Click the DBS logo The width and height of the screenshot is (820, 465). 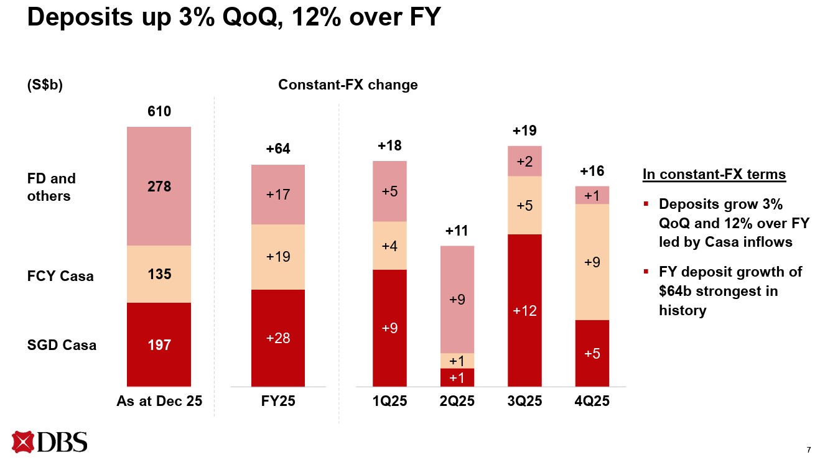(50, 441)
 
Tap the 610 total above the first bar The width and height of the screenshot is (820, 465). (159, 111)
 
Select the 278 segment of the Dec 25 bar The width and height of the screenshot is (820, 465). (159, 186)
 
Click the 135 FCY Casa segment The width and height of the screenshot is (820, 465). (159, 274)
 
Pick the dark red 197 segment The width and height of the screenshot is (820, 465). (159, 344)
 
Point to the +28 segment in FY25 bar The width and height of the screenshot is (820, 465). (278, 338)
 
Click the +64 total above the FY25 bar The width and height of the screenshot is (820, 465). (278, 149)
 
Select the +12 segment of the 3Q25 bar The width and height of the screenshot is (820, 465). (524, 310)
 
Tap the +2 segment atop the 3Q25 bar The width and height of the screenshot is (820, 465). (524, 162)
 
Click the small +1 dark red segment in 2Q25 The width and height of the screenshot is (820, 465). (457, 377)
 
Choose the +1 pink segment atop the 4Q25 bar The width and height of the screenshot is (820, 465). (592, 195)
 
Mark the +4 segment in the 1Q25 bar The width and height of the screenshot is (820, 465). (389, 246)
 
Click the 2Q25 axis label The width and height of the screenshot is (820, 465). (457, 402)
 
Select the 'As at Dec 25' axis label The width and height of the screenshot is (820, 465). (159, 402)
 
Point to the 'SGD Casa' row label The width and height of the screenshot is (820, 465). (62, 345)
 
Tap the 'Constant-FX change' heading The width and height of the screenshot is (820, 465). (348, 85)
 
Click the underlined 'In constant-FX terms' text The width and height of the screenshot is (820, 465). (714, 175)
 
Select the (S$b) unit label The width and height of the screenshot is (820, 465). (45, 85)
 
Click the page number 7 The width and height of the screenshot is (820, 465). (808, 449)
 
